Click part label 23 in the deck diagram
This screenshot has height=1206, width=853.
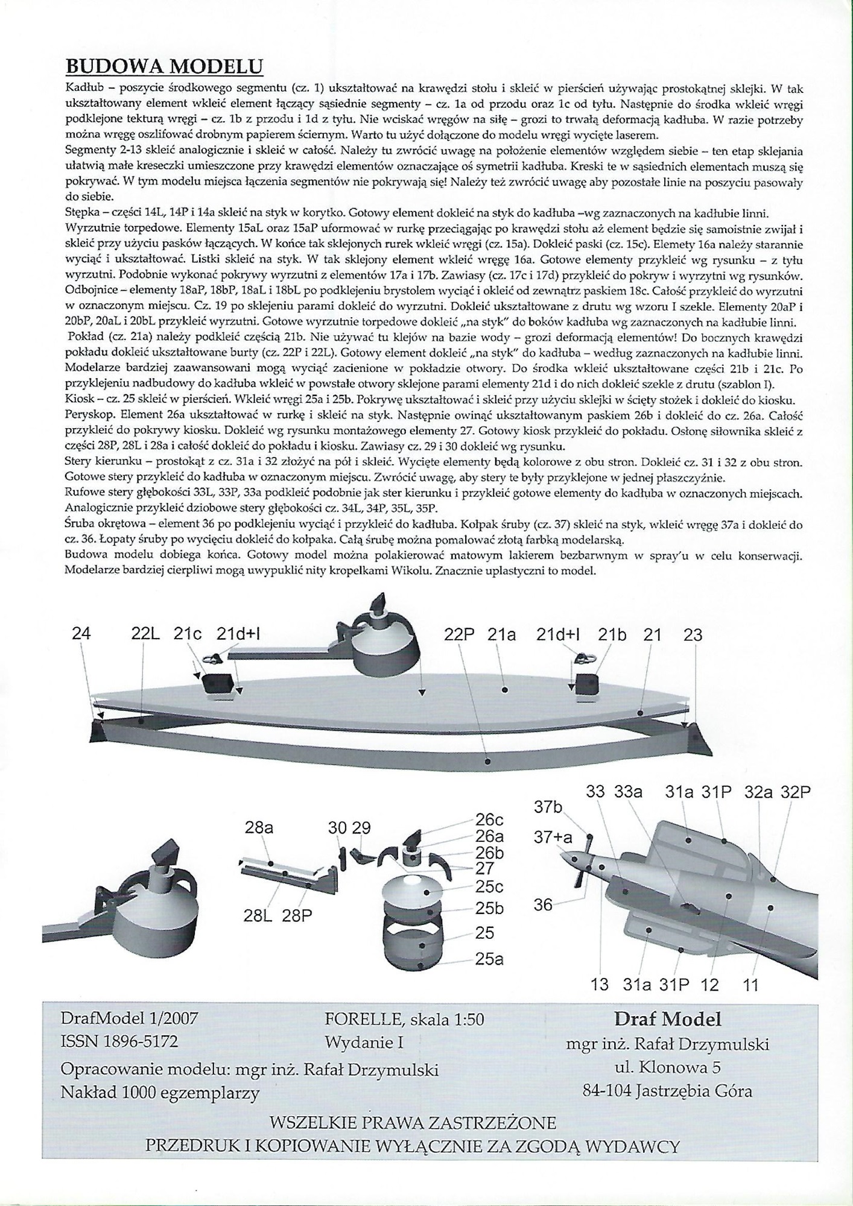693,634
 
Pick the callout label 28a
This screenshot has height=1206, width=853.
259,827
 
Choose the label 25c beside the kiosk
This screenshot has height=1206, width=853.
489,887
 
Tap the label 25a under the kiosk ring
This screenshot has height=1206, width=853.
489,959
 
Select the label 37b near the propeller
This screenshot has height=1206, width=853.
548,807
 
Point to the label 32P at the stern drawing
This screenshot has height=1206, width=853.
793,792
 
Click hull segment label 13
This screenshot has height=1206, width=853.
600,985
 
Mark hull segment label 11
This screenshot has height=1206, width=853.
750,985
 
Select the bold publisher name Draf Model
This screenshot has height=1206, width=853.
667,1019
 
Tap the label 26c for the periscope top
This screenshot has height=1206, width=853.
489,820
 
